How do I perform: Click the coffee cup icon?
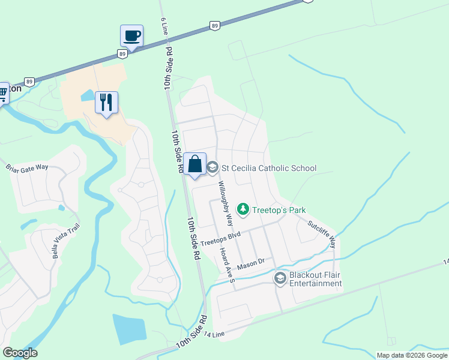coord(131,35)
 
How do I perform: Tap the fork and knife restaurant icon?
coord(106,103)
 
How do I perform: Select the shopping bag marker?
coord(195,164)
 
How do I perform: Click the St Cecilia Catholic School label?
coord(269,168)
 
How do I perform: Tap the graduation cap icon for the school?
coord(212,167)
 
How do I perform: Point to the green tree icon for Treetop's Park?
coord(243,209)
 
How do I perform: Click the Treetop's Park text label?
coord(279,210)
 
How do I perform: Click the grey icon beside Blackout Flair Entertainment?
coord(280,278)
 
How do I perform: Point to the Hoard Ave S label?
coord(226,264)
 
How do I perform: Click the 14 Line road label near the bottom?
coord(214,334)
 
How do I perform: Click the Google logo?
coord(20,353)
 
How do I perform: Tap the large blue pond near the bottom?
coord(129,329)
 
